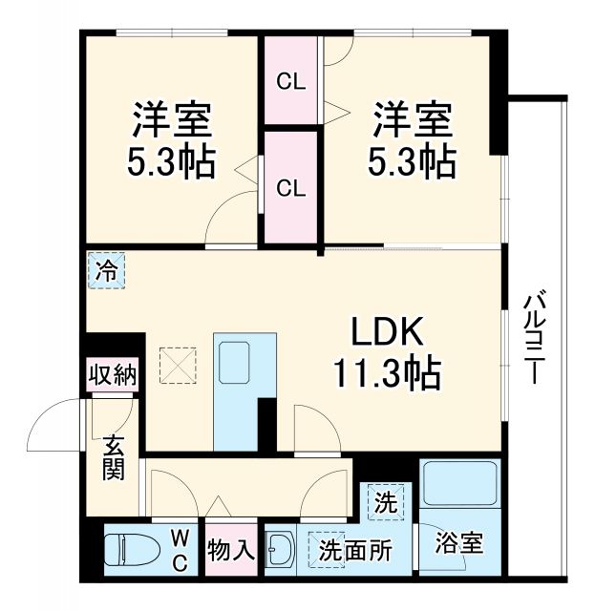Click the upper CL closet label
[291, 81]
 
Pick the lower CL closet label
[291, 187]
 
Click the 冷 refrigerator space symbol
[106, 270]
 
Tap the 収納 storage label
[112, 373]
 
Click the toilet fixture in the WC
[128, 551]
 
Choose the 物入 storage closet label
[230, 550]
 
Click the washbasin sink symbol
[281, 551]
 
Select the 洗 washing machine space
[385, 502]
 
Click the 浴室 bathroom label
[458, 543]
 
